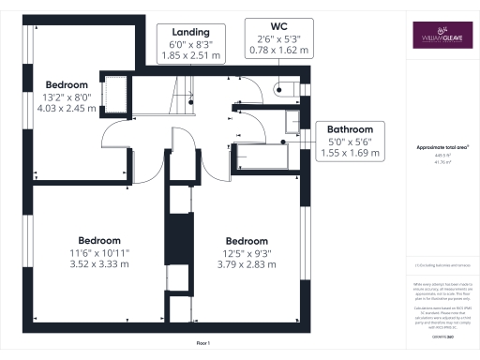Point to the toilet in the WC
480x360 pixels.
(286, 90)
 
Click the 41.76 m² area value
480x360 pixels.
(442, 162)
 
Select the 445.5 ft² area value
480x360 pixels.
(442, 156)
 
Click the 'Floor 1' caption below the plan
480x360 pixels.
(202, 345)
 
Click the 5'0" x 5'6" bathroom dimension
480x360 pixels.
(349, 141)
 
